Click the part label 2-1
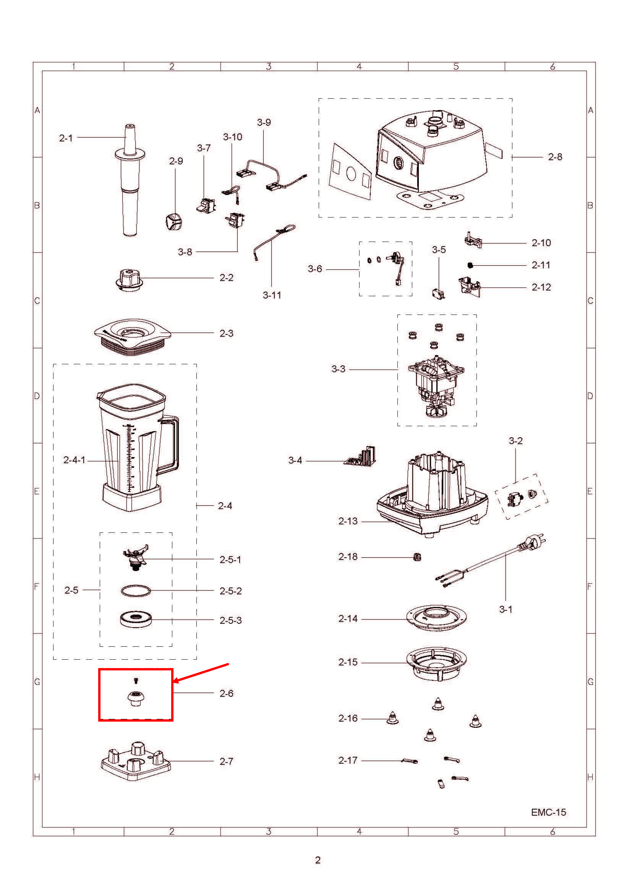click(66, 138)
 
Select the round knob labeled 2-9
click(173, 222)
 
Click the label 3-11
click(272, 295)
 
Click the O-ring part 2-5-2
click(135, 591)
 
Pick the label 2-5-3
click(230, 620)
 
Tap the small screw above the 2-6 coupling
click(136, 680)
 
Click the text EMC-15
click(548, 812)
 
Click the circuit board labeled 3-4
click(361, 457)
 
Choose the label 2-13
click(347, 521)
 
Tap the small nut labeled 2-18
click(417, 557)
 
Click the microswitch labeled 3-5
click(438, 293)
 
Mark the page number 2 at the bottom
click(318, 860)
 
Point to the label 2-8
click(554, 157)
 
